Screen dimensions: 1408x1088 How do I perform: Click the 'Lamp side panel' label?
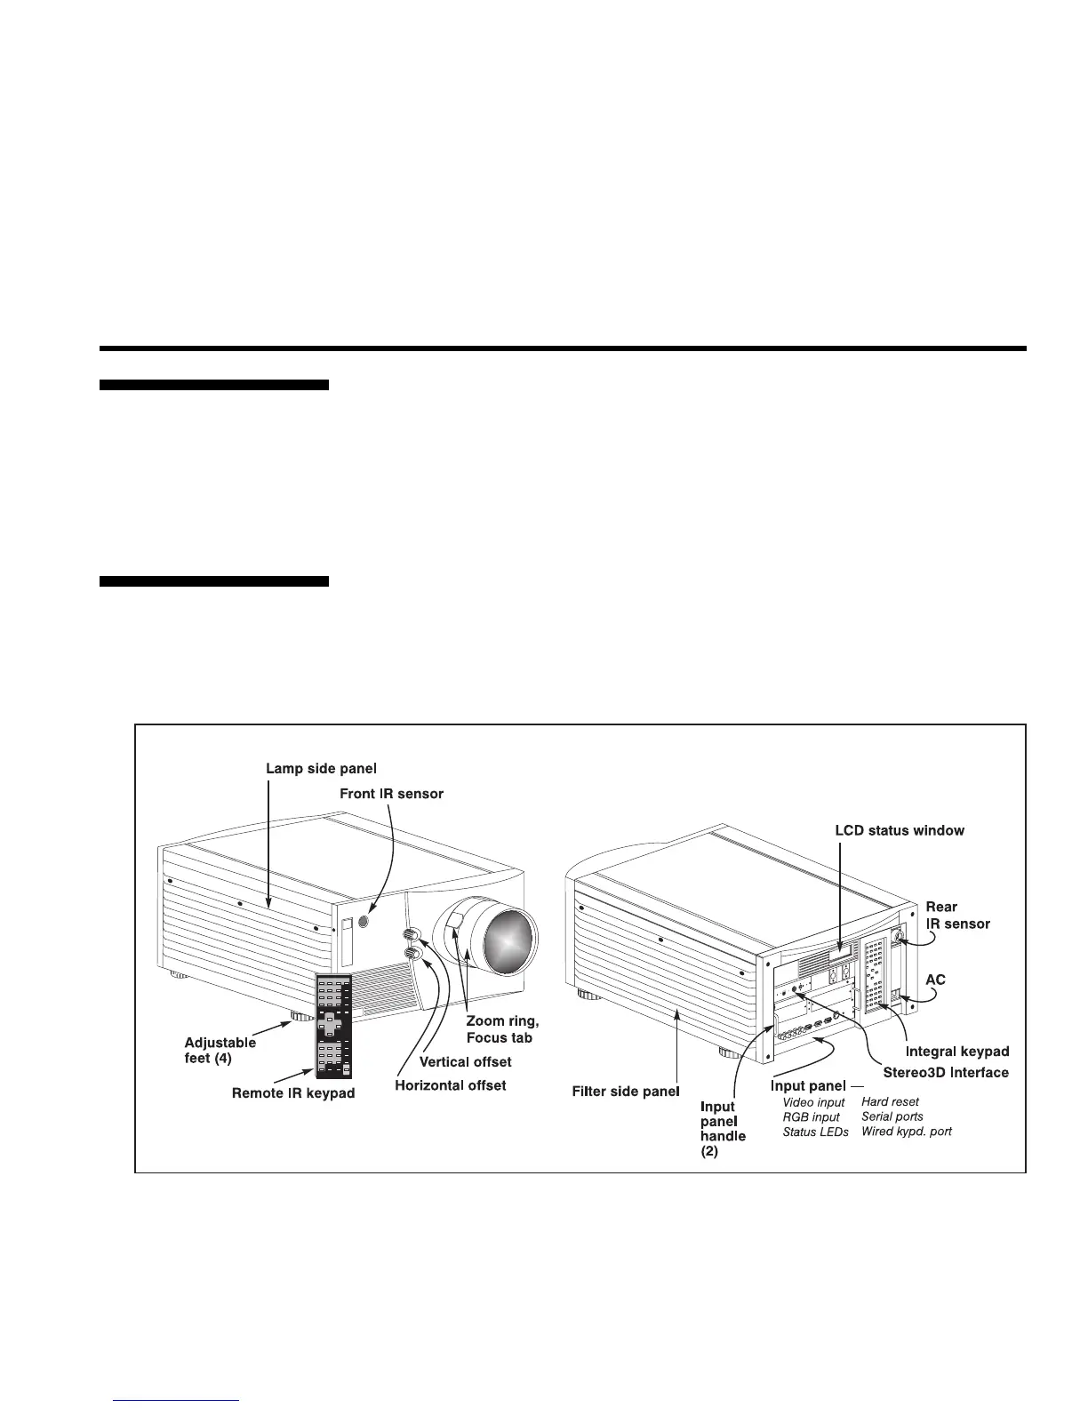(321, 768)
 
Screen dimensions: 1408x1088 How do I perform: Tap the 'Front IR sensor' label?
(391, 794)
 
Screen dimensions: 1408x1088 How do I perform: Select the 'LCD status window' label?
(900, 830)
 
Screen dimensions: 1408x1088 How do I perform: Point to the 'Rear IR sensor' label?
(957, 915)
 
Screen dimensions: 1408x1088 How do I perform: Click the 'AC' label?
(936, 980)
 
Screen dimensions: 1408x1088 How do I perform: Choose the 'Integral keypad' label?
(957, 1052)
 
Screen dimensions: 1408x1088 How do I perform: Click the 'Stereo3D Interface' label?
(946, 1072)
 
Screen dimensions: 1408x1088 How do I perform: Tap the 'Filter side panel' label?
(625, 1091)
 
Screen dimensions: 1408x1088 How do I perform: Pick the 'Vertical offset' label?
(465, 1061)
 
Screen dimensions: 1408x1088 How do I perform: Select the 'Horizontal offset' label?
(450, 1085)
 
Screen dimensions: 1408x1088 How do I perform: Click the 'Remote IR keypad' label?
(293, 1093)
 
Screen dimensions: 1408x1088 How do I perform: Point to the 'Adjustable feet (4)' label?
(220, 1050)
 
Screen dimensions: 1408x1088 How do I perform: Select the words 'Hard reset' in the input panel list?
(890, 1101)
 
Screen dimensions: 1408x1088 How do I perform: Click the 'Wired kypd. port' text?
(906, 1132)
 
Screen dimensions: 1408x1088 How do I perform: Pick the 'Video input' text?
(813, 1102)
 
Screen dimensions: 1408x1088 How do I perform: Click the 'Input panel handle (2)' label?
(723, 1128)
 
